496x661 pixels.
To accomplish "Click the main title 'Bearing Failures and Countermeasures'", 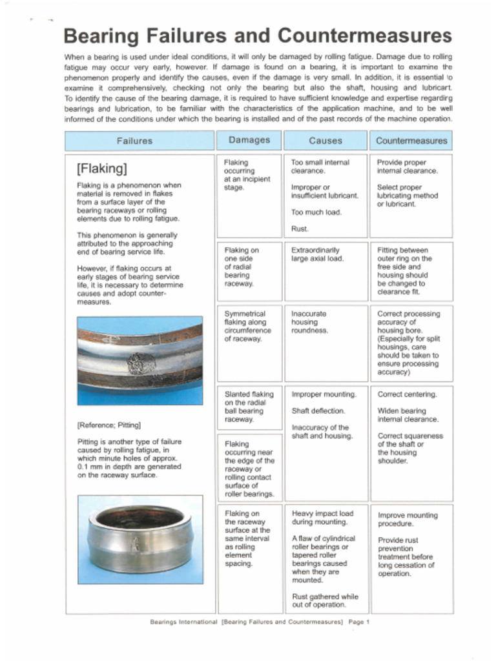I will click(258, 35).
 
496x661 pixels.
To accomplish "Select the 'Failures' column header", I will click(134, 141).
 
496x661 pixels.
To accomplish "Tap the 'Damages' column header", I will click(249, 140).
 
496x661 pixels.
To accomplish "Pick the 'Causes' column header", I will click(325, 141).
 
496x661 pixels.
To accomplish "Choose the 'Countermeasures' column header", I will click(411, 141).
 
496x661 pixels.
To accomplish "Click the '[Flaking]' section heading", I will click(101, 169).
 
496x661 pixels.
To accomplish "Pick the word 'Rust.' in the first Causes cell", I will click(300, 229).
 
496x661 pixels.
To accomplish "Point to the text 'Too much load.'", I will click(316, 212).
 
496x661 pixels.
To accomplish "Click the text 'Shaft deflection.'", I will click(318, 411).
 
